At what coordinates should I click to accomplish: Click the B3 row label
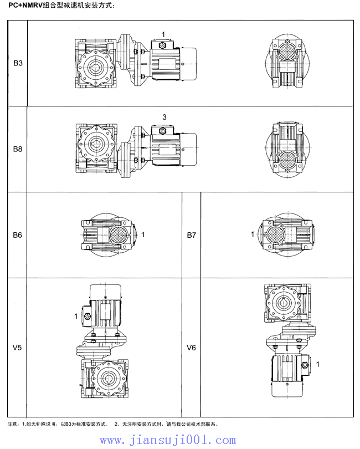(x=18, y=64)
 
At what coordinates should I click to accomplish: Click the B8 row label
(x=18, y=149)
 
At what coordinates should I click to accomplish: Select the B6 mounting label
(x=18, y=235)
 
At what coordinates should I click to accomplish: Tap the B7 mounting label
(x=191, y=235)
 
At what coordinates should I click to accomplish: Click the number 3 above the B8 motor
(x=164, y=117)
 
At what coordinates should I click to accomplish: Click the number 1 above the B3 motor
(x=163, y=35)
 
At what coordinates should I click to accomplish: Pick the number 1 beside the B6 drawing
(x=143, y=235)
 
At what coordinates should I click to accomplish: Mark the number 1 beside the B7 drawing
(x=253, y=234)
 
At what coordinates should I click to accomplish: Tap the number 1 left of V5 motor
(x=76, y=316)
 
